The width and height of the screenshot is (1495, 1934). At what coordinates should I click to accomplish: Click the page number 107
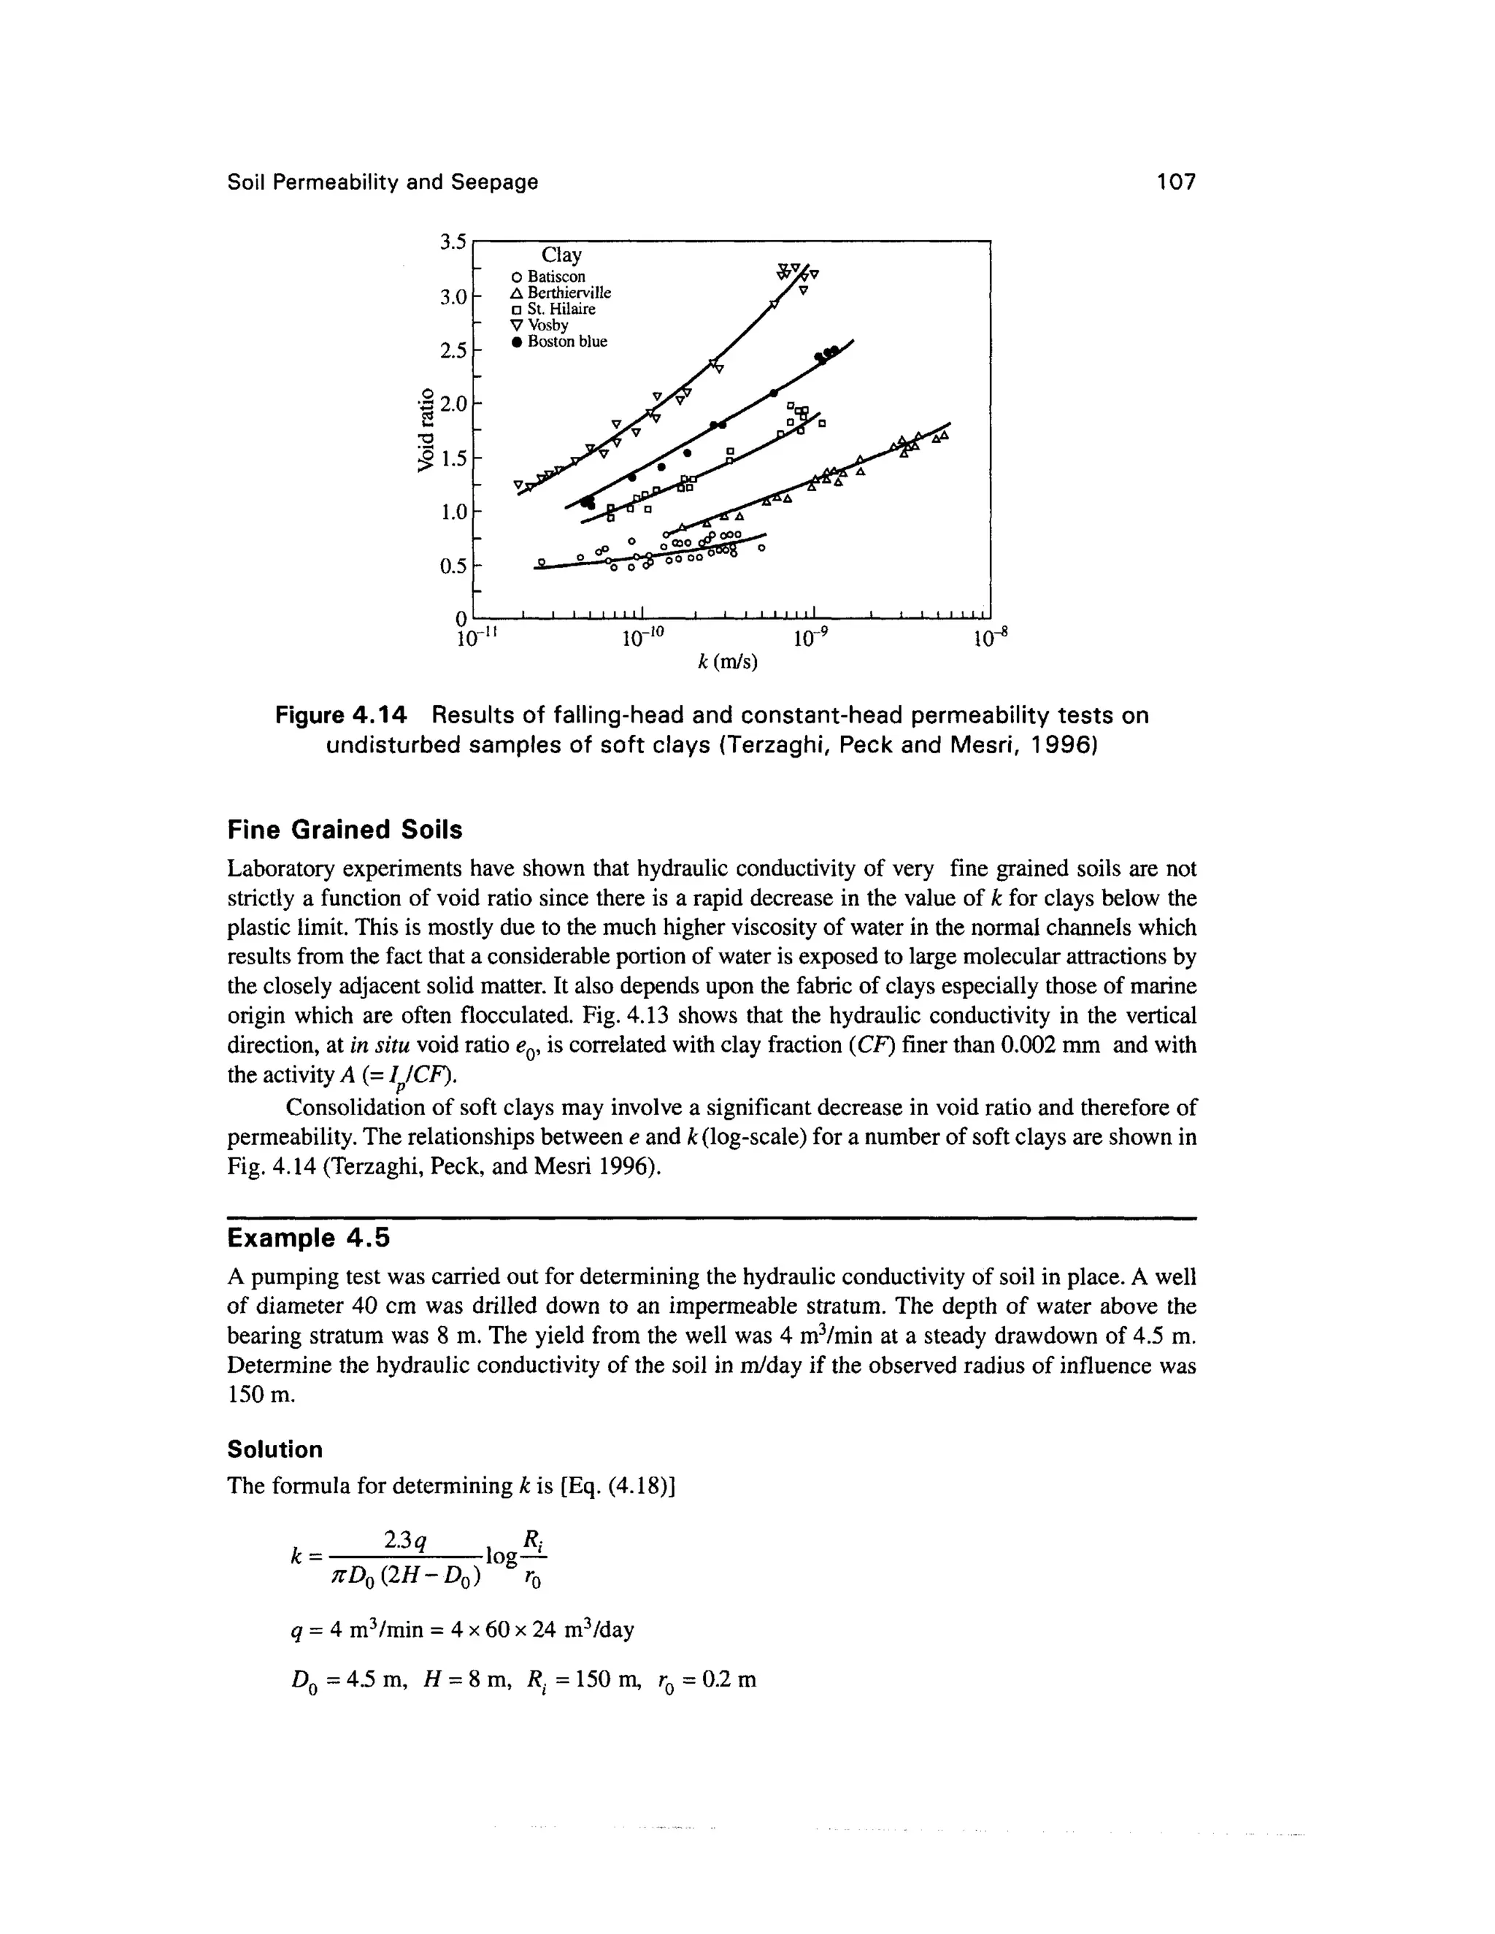1175,182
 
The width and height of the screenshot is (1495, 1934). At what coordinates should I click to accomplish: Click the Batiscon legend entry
556,277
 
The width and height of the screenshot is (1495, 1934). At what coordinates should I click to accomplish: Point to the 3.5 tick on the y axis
453,242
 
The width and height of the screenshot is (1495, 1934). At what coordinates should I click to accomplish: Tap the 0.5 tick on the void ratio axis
453,566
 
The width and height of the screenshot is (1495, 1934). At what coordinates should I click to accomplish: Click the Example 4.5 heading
308,1238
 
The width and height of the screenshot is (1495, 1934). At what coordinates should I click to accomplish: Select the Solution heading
274,1449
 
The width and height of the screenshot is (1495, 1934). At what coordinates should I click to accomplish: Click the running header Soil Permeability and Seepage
383,182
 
